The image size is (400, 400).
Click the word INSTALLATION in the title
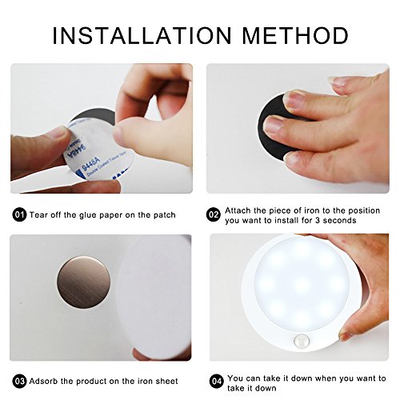click(142, 35)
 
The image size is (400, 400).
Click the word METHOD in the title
click(296, 35)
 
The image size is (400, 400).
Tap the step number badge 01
click(19, 214)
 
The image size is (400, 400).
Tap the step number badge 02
click(214, 214)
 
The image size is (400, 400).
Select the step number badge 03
click(19, 382)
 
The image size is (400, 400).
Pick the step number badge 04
click(216, 382)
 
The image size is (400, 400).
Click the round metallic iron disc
click(83, 283)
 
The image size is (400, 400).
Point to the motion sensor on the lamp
click(302, 341)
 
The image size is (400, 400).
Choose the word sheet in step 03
click(167, 382)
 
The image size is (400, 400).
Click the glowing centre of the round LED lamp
click(302, 282)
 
